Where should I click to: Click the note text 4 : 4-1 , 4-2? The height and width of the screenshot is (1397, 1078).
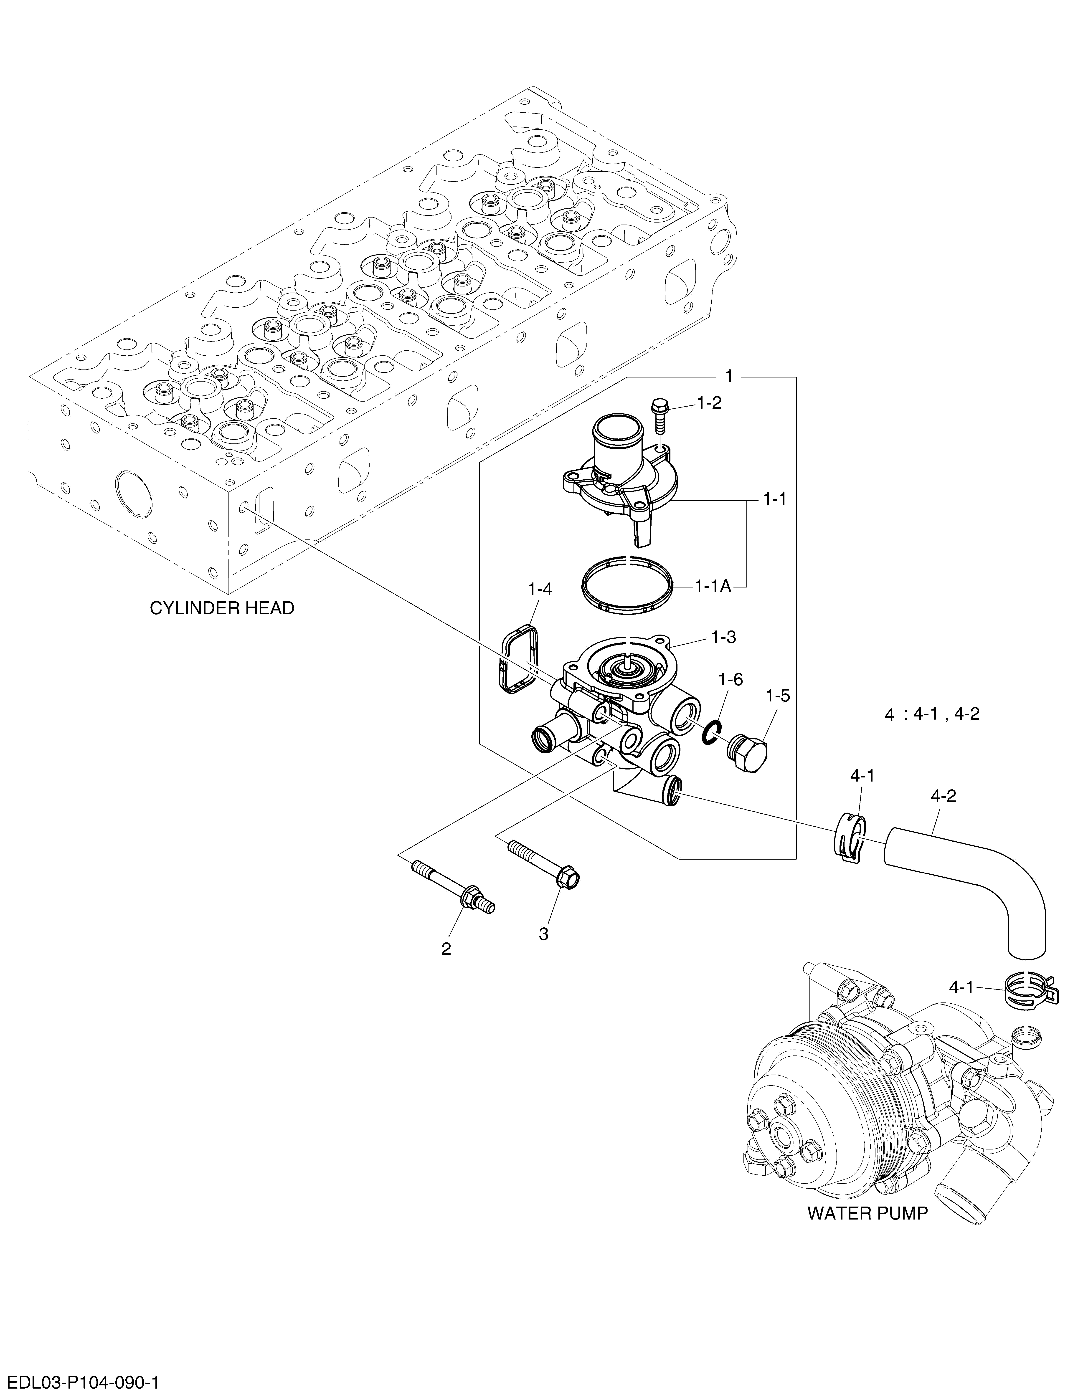click(932, 714)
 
